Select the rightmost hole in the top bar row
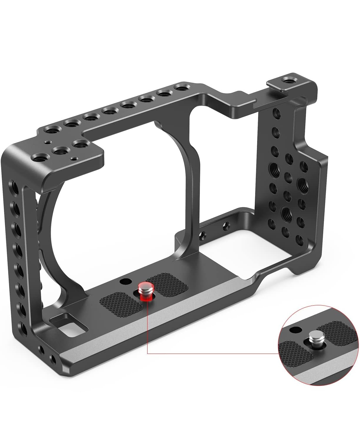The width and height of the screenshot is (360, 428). (180, 88)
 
